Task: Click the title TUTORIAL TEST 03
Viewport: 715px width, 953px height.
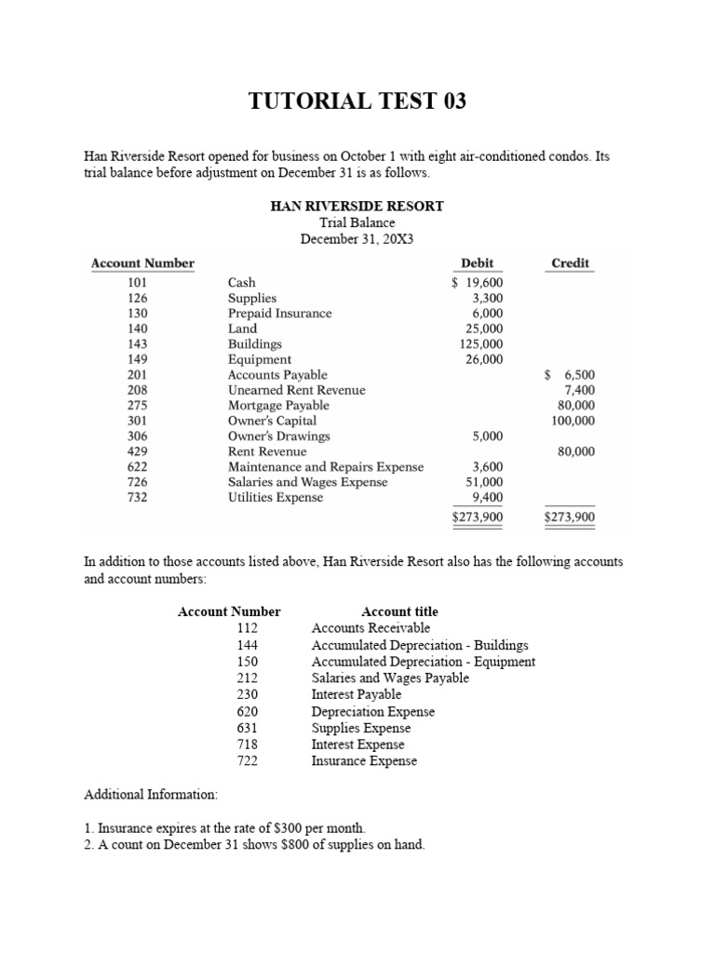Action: point(357,101)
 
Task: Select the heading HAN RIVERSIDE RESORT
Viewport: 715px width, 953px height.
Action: point(357,206)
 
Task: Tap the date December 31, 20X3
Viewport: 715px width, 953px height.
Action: point(357,239)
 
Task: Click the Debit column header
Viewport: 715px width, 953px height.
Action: point(477,263)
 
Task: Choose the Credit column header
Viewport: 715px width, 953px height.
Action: point(570,263)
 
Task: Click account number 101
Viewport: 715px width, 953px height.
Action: point(137,283)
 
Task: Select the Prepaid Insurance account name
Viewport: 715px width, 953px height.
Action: point(279,314)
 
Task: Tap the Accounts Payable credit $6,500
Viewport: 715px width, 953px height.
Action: point(570,375)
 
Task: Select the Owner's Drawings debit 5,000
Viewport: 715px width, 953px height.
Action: point(487,436)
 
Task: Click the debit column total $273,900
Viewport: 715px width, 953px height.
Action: point(477,517)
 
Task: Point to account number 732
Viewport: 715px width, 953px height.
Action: point(137,498)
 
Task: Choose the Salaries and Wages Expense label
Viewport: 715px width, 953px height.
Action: point(308,482)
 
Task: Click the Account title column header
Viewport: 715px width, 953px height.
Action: point(399,611)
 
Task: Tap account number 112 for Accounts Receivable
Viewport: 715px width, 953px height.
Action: point(247,628)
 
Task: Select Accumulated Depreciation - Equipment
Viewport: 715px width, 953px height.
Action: point(423,662)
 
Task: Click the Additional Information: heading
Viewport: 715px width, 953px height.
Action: point(150,796)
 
